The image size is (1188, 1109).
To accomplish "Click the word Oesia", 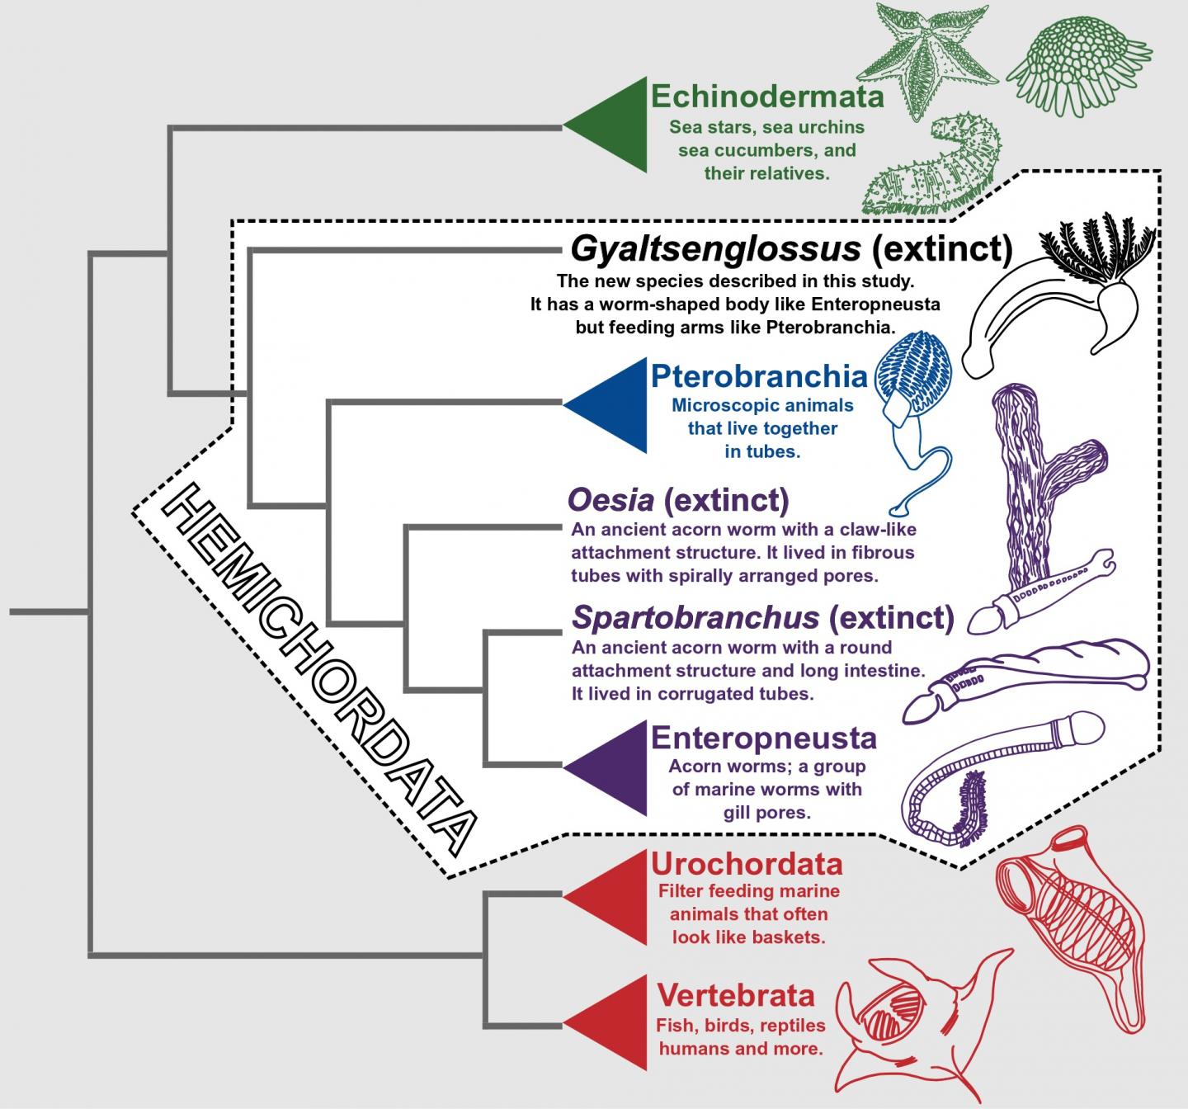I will tap(610, 499).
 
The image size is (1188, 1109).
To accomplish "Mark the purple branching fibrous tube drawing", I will tap(1039, 487).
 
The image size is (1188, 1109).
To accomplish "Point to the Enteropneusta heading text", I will tap(763, 737).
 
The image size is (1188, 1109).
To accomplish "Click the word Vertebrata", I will tap(735, 995).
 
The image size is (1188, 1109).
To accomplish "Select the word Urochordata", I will tap(747, 864).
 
